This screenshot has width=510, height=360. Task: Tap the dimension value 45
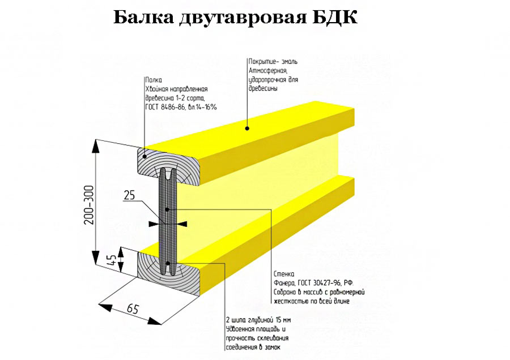click(112, 262)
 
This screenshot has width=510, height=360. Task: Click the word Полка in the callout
click(154, 80)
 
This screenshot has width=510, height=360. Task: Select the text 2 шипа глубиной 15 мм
click(258, 320)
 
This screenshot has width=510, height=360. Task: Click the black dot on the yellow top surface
click(247, 128)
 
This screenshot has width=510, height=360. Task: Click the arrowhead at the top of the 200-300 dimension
click(95, 146)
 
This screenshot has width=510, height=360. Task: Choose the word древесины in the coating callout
click(262, 88)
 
